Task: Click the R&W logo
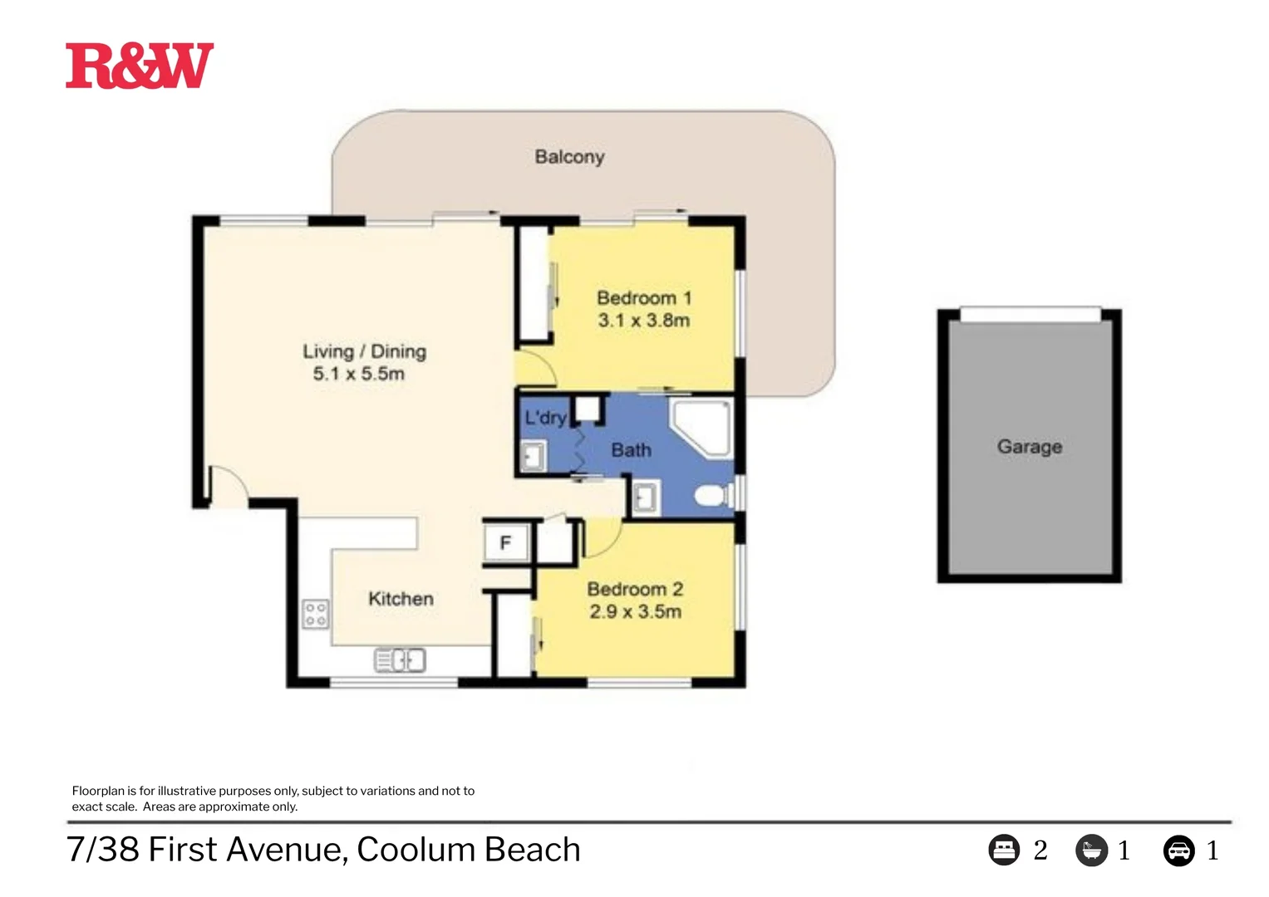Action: tap(139, 66)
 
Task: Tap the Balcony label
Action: tap(569, 156)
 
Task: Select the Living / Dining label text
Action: tap(364, 351)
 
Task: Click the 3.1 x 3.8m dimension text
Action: tap(643, 321)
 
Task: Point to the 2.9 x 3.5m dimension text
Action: tap(635, 612)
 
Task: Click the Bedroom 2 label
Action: tap(635, 589)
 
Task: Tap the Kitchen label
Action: tap(401, 599)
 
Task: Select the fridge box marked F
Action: tap(505, 543)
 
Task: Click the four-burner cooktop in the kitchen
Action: tap(315, 615)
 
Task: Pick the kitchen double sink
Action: tap(401, 660)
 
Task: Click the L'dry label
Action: tap(544, 417)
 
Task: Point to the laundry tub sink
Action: tap(533, 456)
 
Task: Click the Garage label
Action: tap(1029, 447)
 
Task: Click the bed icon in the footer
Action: tap(1004, 850)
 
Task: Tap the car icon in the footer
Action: tap(1178, 850)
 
